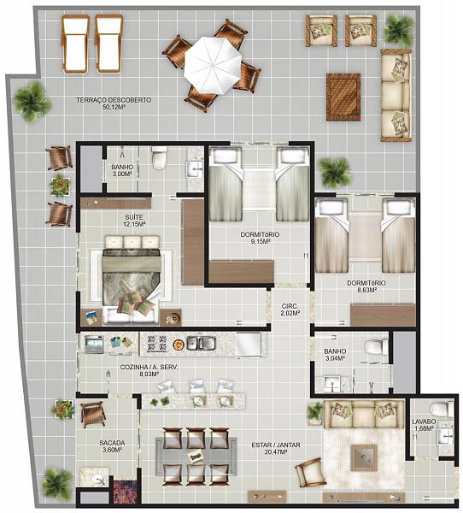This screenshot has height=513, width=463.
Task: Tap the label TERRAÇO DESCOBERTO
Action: tap(114, 100)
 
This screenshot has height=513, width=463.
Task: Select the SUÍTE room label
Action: tap(134, 217)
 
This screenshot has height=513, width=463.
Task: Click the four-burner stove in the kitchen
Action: tap(156, 344)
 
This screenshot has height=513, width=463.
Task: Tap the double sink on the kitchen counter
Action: tap(201, 343)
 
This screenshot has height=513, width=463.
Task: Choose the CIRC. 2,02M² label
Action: tap(290, 310)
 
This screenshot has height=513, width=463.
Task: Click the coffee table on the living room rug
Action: tap(364, 457)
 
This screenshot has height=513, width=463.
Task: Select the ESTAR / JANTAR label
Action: tap(276, 445)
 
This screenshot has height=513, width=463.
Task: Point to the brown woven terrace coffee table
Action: tap(343, 97)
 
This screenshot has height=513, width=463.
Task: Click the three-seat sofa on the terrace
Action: tap(396, 95)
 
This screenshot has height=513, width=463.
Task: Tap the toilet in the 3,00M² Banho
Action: tap(160, 157)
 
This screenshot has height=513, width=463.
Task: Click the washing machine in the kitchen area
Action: tap(94, 345)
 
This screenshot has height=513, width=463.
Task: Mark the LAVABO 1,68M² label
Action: tap(424, 425)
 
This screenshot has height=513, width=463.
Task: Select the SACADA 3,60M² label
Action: tap(112, 446)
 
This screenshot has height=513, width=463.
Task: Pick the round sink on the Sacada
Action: tap(98, 480)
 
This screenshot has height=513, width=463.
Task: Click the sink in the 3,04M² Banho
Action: tap(332, 384)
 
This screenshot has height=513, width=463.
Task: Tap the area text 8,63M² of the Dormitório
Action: tap(366, 290)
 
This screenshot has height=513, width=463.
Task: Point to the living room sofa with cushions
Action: tap(360, 414)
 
